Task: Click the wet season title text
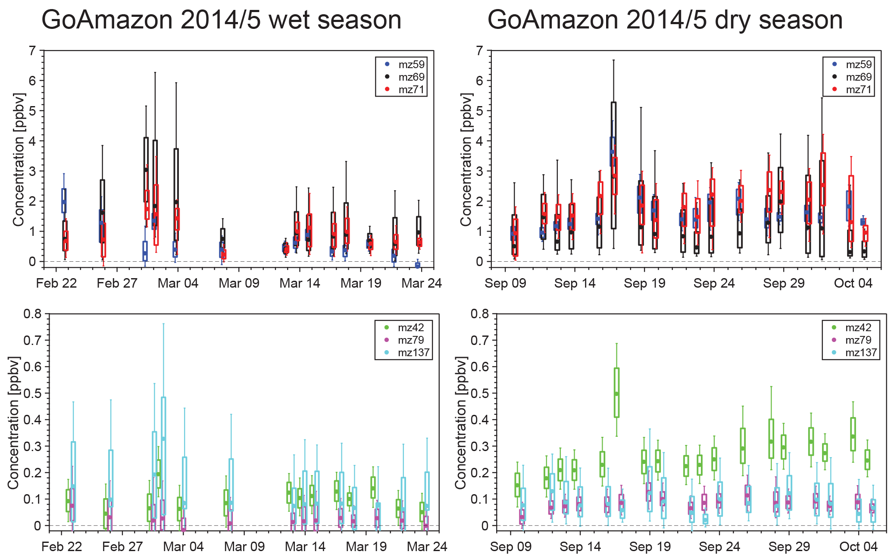[221, 20]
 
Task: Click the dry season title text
[665, 20]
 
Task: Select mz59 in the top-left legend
[411, 65]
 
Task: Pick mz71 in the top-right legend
[859, 90]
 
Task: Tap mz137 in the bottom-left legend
[413, 353]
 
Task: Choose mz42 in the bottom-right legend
[858, 328]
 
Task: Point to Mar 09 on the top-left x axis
[239, 283]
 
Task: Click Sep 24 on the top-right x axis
[714, 283]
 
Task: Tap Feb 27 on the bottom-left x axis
[122, 547]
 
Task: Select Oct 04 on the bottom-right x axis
[858, 547]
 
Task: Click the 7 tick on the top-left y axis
[32, 51]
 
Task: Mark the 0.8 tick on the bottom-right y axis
[480, 314]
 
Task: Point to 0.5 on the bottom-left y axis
[32, 393]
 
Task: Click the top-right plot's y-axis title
[466, 160]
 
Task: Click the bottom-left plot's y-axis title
[13, 423]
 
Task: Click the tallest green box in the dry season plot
[616, 392]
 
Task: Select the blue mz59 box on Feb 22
[64, 201]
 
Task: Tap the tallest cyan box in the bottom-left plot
[163, 457]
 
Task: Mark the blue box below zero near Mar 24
[417, 265]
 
